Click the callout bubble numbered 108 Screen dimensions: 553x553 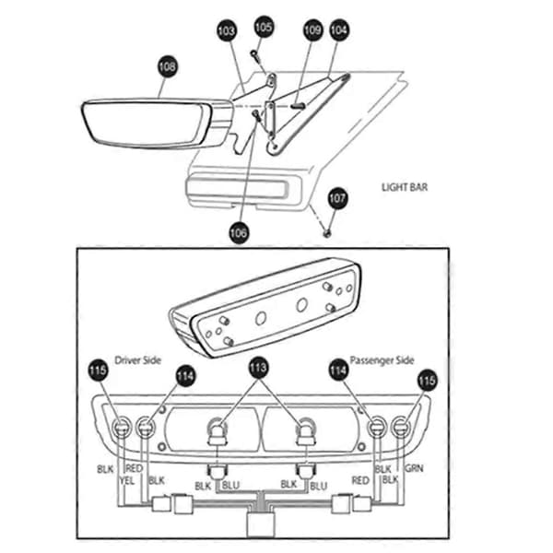click(167, 66)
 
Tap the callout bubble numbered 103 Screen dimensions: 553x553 click(227, 30)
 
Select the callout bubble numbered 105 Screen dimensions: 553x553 click(264, 27)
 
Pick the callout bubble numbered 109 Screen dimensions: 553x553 click(312, 30)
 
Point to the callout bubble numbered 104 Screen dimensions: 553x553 click(339, 29)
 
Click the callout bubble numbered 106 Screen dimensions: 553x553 click(239, 232)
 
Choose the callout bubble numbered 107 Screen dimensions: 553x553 click(337, 198)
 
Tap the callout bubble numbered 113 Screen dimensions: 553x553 click(258, 368)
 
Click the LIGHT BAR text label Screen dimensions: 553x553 click(405, 187)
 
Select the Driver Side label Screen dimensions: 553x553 click(138, 360)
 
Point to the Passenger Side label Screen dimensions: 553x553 click(382, 360)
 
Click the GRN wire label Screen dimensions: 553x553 click(414, 468)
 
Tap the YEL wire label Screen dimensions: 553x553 click(126, 480)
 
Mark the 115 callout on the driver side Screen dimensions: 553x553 click(98, 371)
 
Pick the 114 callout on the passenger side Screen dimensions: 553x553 click(338, 371)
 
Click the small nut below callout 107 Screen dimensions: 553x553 click(327, 233)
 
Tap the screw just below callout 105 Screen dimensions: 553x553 click(255, 54)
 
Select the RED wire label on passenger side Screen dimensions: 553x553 click(360, 480)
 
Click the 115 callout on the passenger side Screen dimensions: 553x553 click(427, 381)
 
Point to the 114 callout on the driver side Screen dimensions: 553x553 click(185, 376)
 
